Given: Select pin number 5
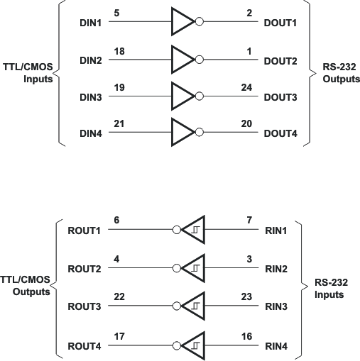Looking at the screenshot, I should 116,12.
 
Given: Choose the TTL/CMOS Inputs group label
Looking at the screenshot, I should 26,74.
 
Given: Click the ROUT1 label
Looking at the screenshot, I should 84,231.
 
